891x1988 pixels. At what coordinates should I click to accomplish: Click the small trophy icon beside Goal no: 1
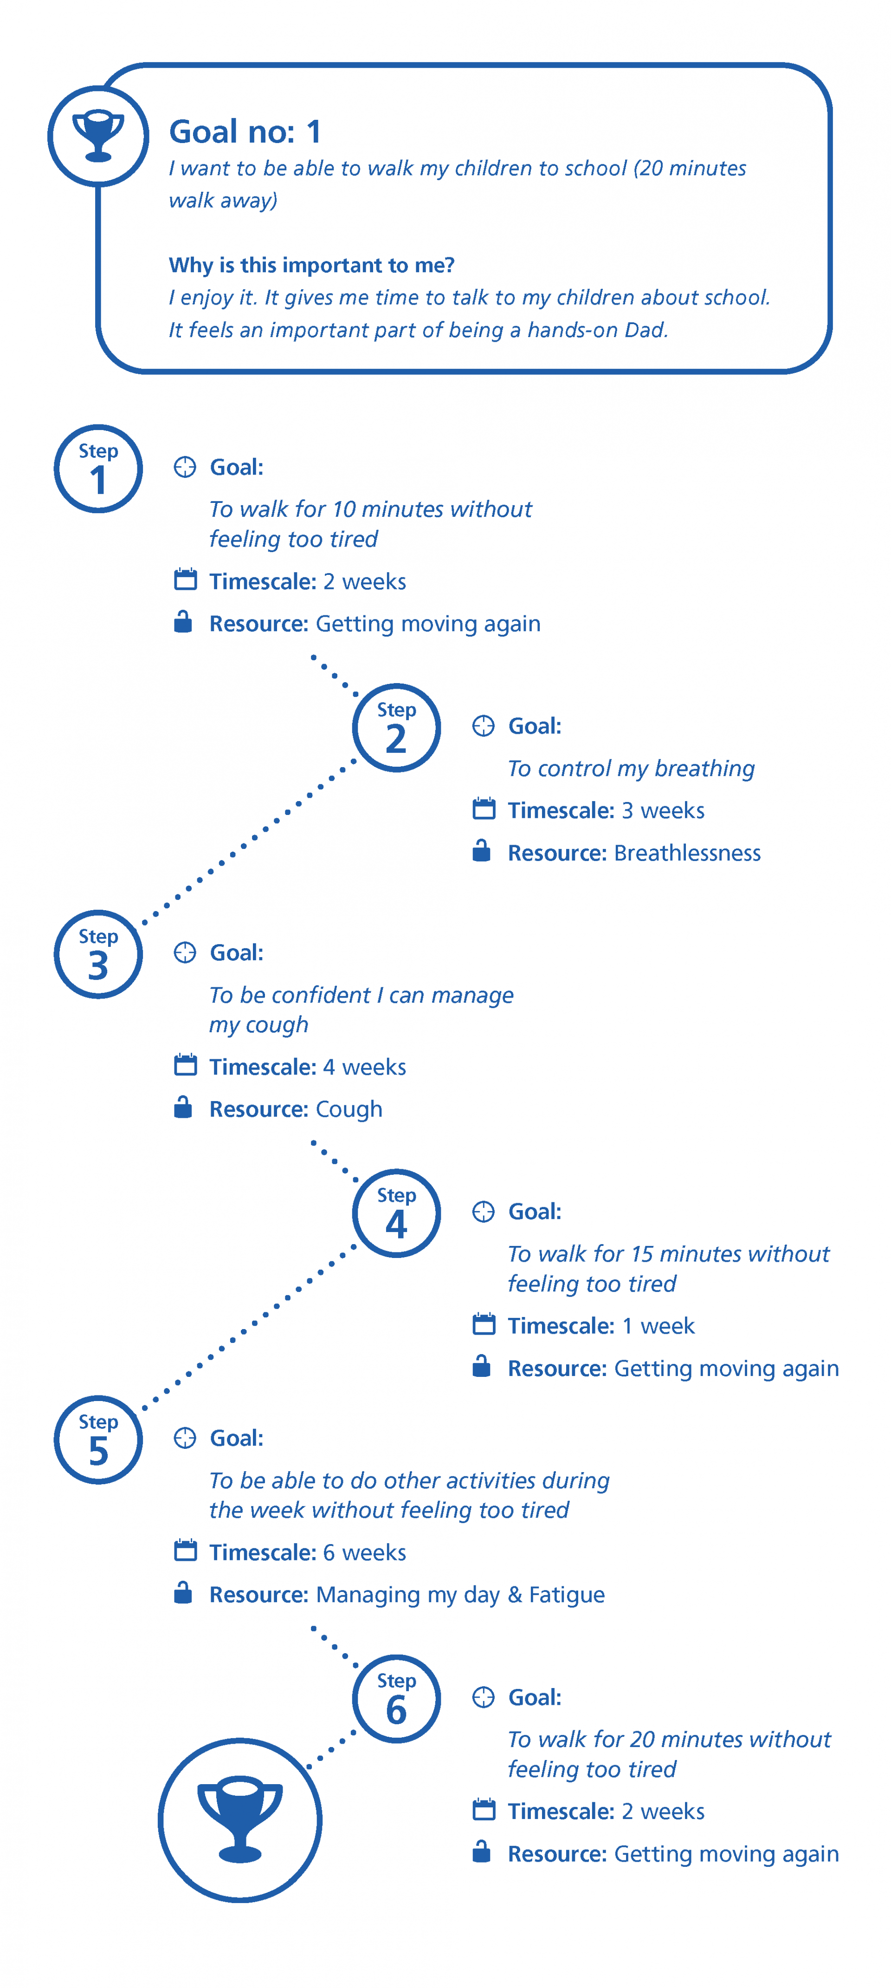pos(98,137)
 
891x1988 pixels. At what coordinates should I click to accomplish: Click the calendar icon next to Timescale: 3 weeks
pos(484,809)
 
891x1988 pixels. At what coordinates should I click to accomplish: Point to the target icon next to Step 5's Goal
pos(185,1438)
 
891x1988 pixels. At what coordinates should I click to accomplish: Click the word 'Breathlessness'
pos(687,853)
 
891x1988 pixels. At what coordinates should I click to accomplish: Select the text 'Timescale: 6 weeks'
pos(308,1552)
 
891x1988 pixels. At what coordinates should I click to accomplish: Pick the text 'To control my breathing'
pos(631,769)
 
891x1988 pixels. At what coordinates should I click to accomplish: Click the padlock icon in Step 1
pos(183,621)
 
